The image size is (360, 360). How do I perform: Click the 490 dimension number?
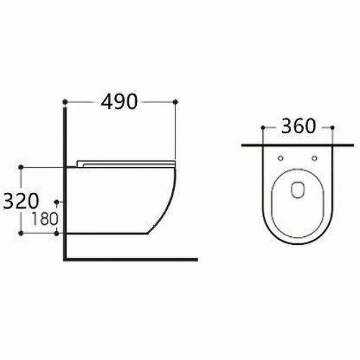coord(120,102)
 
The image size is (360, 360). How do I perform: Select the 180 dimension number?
coord(45,217)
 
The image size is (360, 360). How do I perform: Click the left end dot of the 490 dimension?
coord(66,102)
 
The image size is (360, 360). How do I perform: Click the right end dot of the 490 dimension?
coord(175,102)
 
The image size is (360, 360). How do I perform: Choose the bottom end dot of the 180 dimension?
coord(57,234)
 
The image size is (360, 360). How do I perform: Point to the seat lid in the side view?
coord(126,161)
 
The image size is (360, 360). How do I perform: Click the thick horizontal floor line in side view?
coord(130,257)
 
